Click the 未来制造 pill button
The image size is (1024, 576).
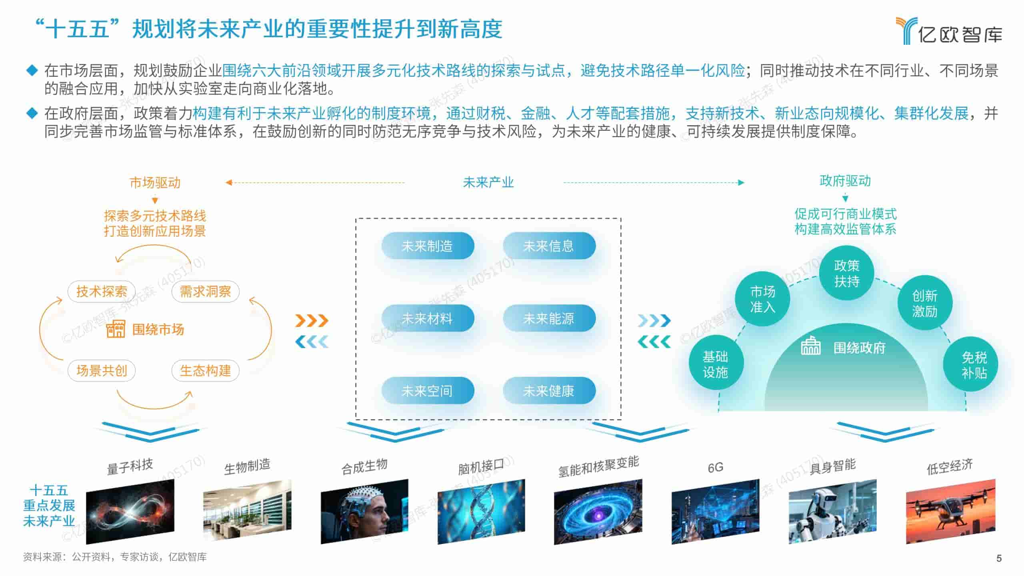tap(427, 246)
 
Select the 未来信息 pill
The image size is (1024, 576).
tap(549, 246)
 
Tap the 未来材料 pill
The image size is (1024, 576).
tap(427, 318)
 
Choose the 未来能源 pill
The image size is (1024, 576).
tap(549, 318)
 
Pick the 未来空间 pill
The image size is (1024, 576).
tap(427, 391)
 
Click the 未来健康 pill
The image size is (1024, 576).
tap(549, 391)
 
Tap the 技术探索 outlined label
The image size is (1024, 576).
tap(102, 291)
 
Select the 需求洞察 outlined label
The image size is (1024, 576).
tap(205, 291)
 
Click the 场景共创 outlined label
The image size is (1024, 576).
tap(102, 370)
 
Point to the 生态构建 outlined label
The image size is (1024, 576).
tap(205, 370)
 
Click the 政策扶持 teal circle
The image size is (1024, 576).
tap(846, 273)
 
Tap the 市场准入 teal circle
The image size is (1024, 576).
tap(762, 299)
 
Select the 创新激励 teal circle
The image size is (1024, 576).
tap(925, 303)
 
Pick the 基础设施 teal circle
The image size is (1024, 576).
tap(715, 364)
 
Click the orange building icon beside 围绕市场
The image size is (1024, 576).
tap(116, 329)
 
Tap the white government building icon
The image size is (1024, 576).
tap(810, 346)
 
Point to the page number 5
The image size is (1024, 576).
tap(999, 558)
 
